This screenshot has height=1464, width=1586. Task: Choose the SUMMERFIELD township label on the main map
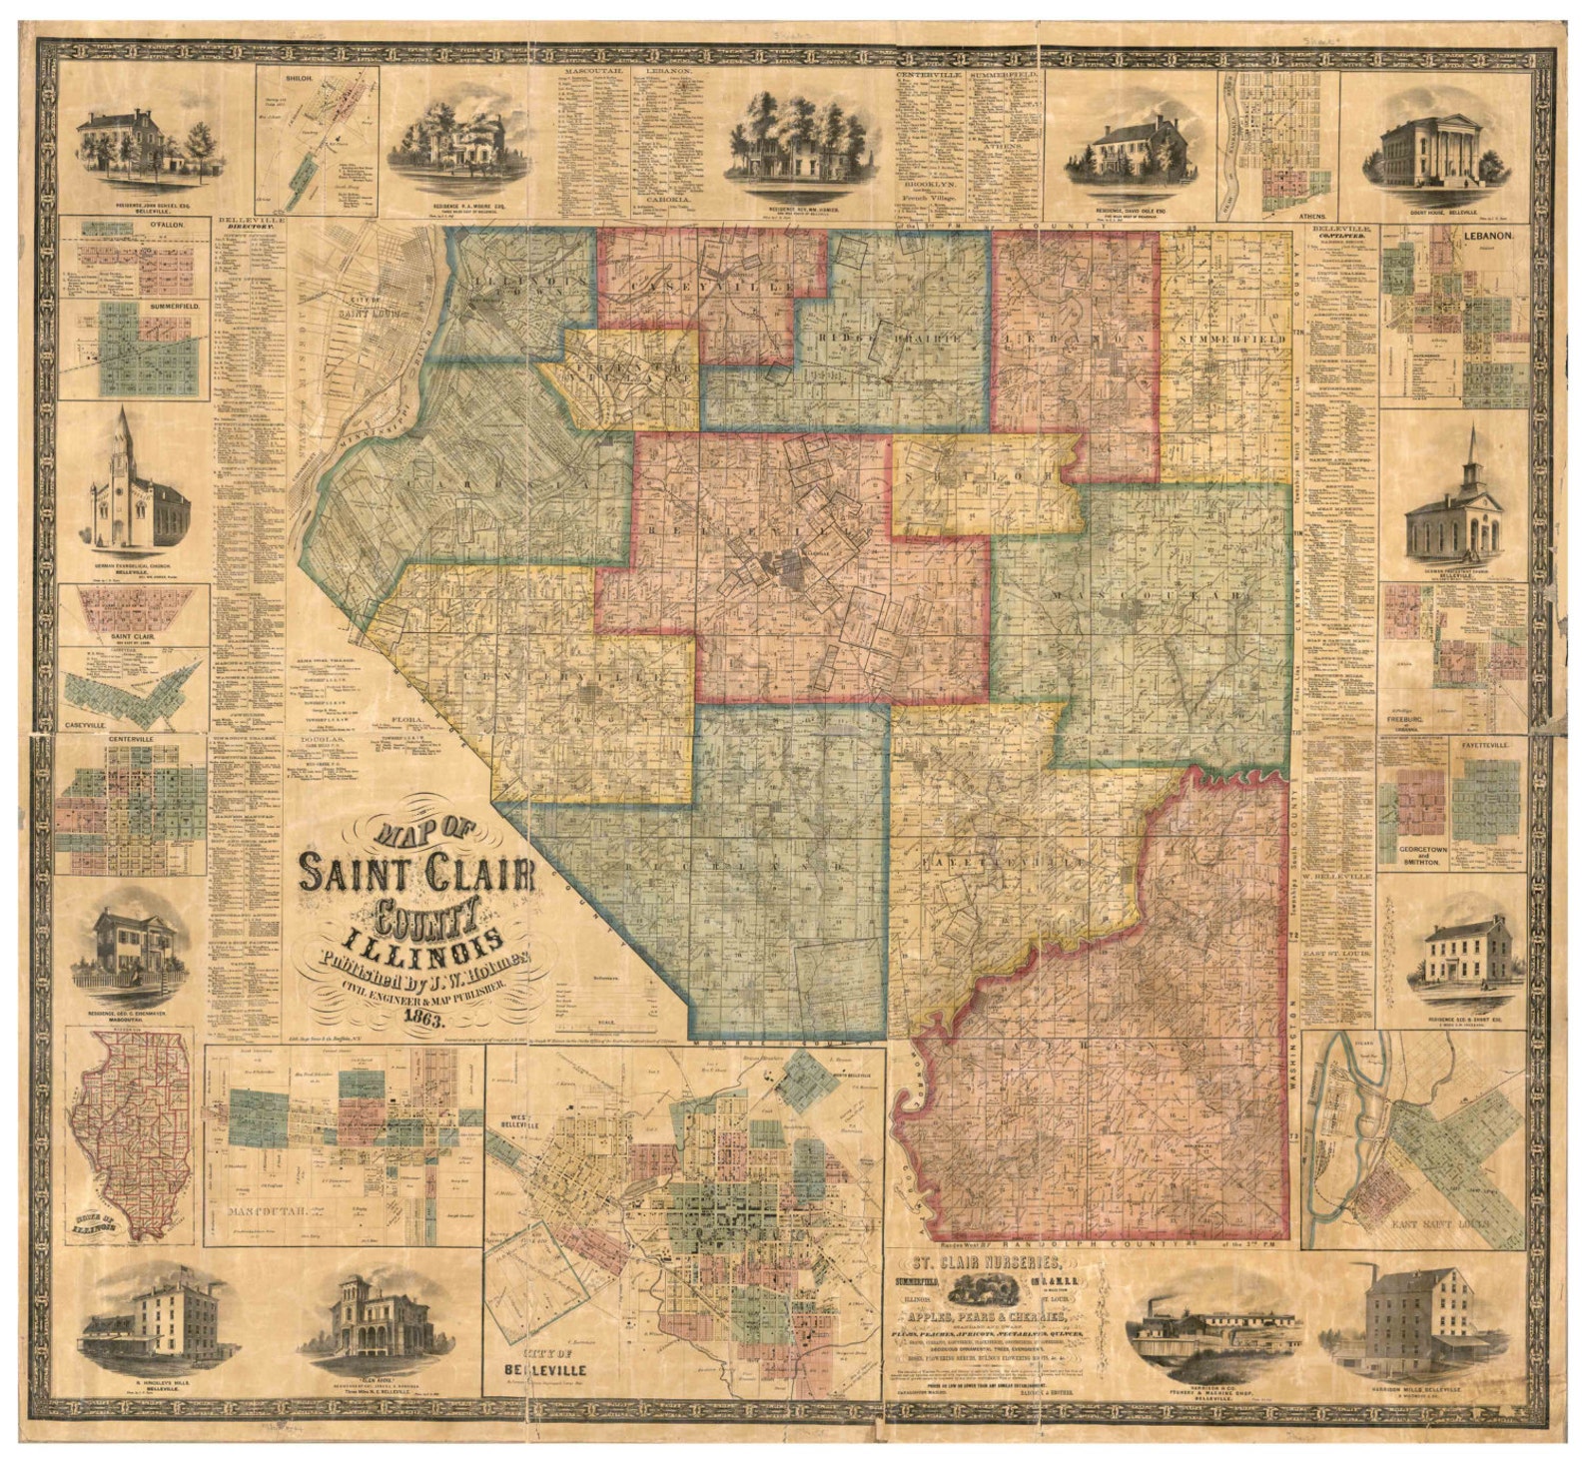pyautogui.click(x=1224, y=341)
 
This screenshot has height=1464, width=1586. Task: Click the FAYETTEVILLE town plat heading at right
pyautogui.click(x=1491, y=744)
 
